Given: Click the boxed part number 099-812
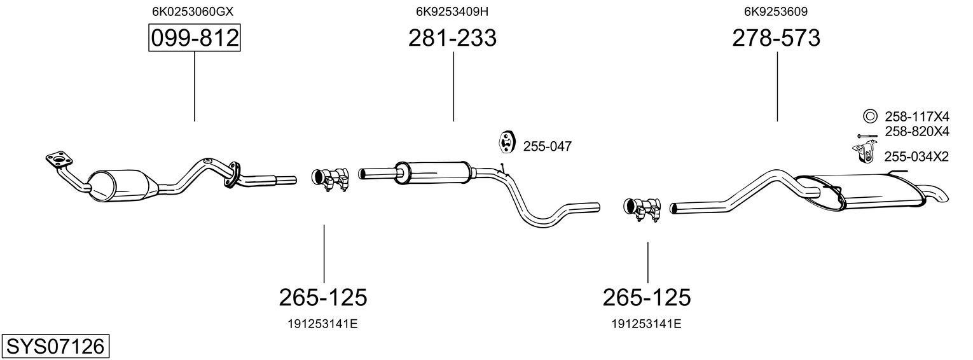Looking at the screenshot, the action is [x=194, y=38].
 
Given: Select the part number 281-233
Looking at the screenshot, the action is [x=452, y=38].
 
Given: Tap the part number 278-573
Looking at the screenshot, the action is [x=776, y=38].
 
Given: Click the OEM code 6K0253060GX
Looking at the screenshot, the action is [x=193, y=11].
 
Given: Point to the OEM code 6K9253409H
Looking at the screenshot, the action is [x=452, y=11].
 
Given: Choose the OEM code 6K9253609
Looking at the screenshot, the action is [x=776, y=11].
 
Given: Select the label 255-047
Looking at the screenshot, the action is [x=548, y=146].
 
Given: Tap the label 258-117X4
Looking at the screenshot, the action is [x=917, y=116].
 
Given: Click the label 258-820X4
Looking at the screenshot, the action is [x=917, y=131].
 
